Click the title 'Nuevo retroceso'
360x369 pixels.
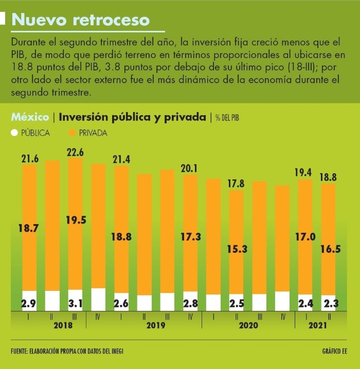(x=81, y=20)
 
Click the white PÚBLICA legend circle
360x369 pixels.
(x=14, y=133)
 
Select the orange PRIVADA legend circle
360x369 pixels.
(x=71, y=133)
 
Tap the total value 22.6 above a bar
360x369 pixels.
(x=75, y=152)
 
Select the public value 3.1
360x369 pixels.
(x=75, y=303)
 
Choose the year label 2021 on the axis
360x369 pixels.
(x=317, y=325)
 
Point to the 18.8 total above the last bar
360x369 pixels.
(x=329, y=177)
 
